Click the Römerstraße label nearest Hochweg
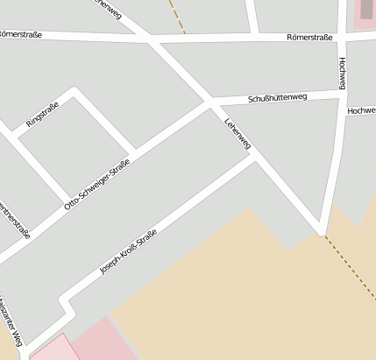(x=310, y=38)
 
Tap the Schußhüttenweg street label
(x=276, y=97)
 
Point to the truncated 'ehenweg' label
(x=107, y=11)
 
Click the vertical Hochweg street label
(x=341, y=74)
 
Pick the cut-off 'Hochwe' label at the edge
(x=361, y=111)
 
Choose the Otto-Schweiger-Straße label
(x=97, y=183)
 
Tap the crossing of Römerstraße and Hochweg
(x=340, y=36)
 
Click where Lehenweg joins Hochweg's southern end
(x=323, y=233)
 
